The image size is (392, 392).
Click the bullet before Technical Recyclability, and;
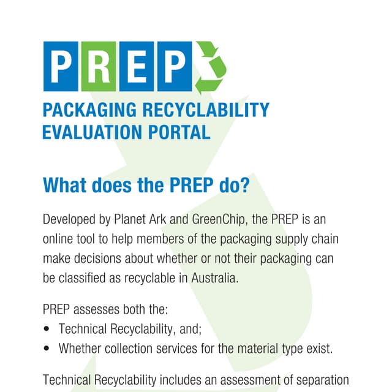(x=47, y=330)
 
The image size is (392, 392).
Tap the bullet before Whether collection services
(x=47, y=349)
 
